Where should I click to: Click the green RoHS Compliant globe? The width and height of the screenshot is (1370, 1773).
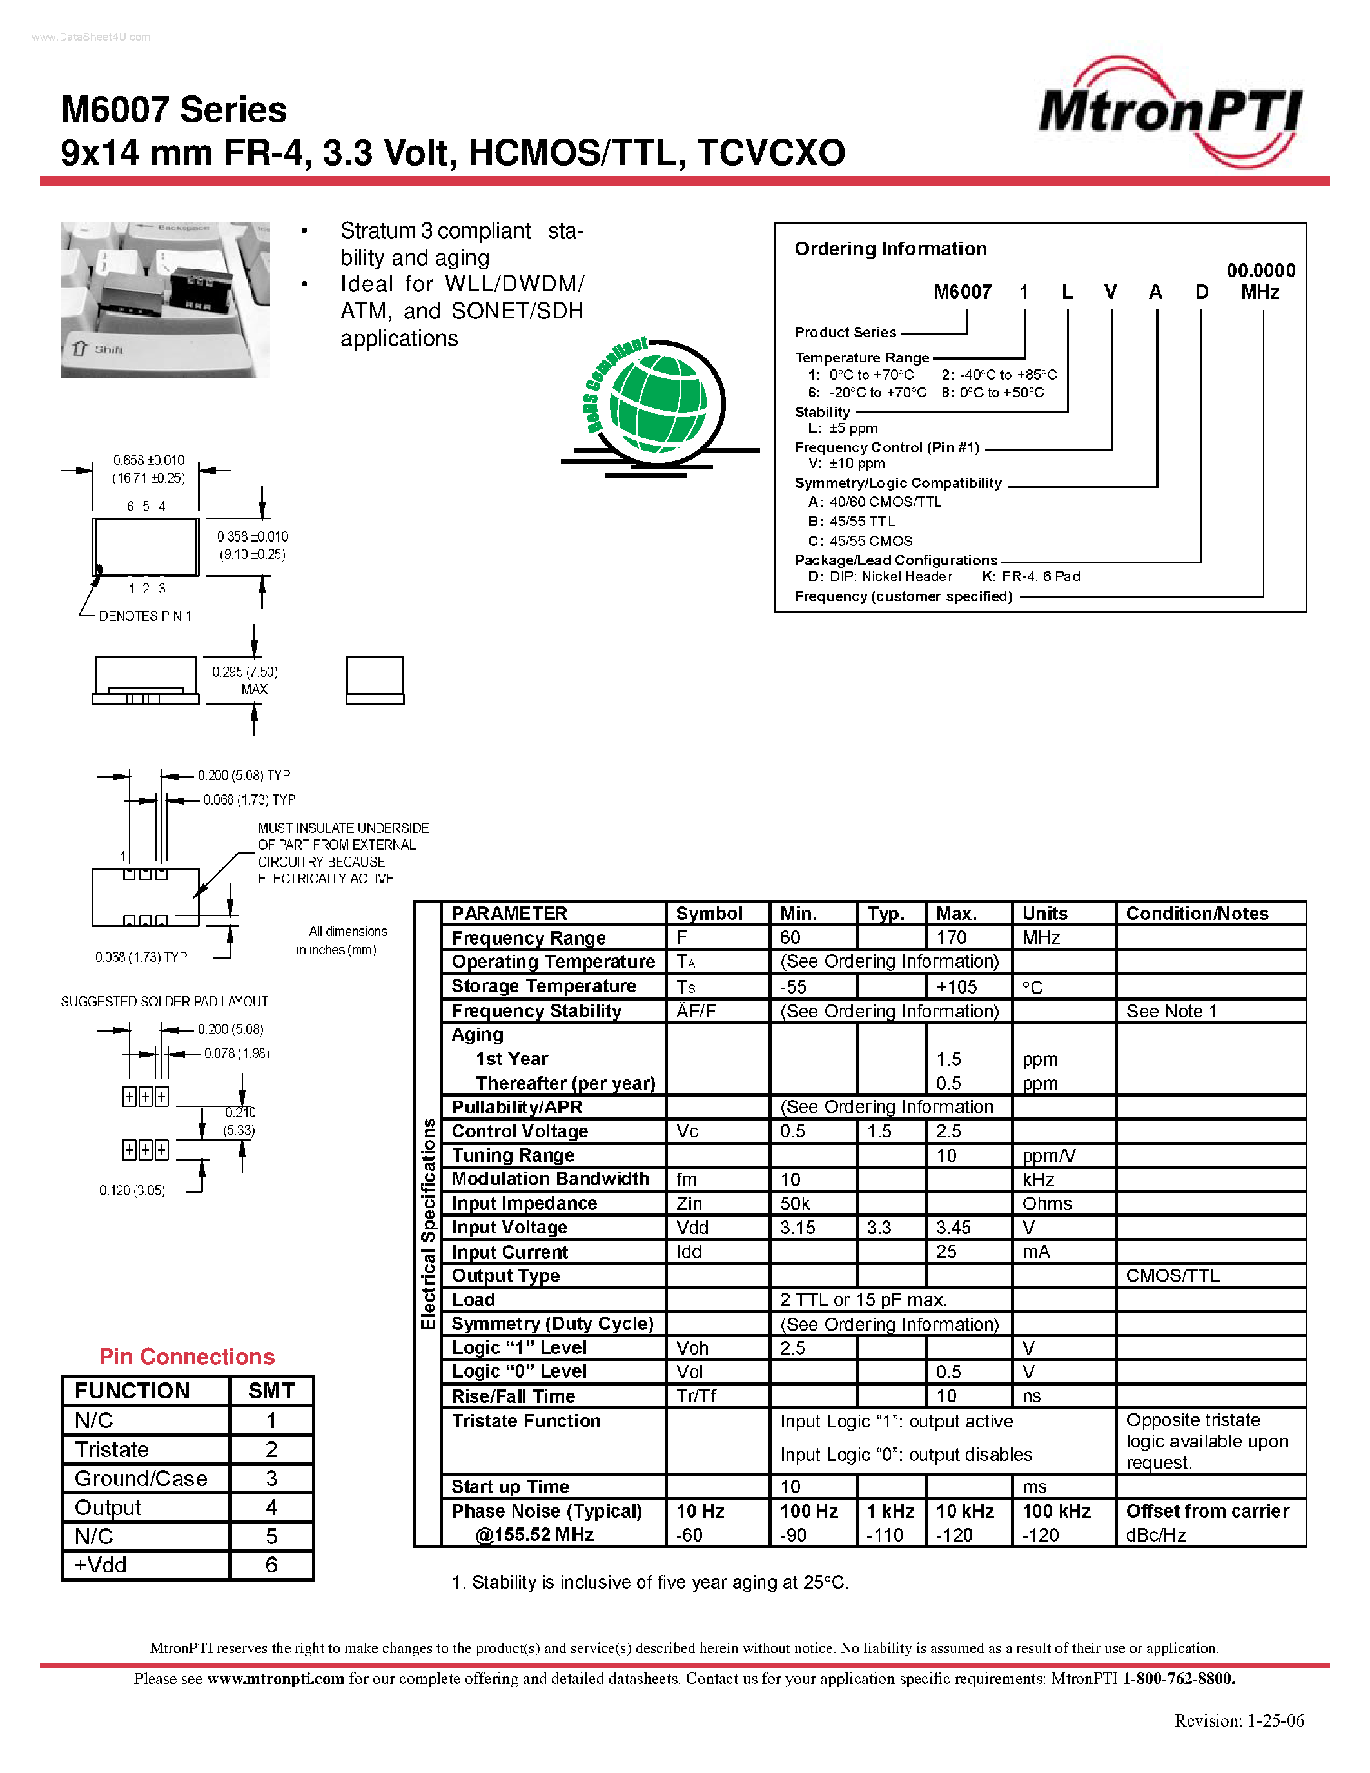coord(658,402)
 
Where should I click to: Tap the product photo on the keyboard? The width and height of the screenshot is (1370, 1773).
coord(165,300)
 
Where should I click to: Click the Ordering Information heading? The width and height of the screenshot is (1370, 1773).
coord(890,248)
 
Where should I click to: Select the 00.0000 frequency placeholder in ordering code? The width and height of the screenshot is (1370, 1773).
coord(1260,270)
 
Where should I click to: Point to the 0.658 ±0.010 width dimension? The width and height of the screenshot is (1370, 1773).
coord(148,460)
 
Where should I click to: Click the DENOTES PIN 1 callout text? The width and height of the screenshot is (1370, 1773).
coord(146,616)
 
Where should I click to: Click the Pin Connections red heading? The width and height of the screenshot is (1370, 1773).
coord(187,1357)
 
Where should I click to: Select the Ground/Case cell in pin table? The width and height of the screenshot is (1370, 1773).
coord(141,1478)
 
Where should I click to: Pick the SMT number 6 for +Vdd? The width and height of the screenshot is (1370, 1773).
coord(271,1565)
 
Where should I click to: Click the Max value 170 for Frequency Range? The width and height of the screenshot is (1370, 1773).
coord(951,937)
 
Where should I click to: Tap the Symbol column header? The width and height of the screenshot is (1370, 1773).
coord(709,914)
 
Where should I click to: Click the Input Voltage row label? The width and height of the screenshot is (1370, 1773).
coord(509,1228)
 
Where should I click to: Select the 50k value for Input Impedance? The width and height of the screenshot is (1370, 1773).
coord(796,1204)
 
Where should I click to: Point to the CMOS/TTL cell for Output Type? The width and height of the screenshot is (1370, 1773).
coord(1172,1275)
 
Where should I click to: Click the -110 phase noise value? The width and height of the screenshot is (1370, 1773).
coord(885,1535)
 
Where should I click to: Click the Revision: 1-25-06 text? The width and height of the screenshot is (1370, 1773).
coord(1238,1720)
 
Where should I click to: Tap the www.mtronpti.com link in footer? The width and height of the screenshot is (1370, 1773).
coord(275,1679)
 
